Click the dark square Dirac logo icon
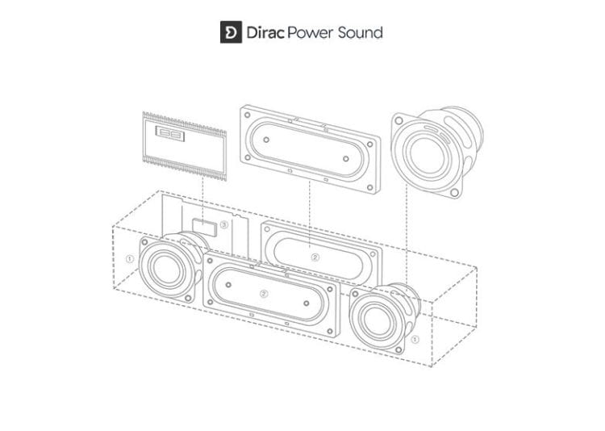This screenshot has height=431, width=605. (x=231, y=32)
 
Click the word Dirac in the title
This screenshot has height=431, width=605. (x=265, y=32)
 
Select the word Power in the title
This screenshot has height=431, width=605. (x=311, y=32)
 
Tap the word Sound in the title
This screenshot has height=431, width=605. (x=360, y=32)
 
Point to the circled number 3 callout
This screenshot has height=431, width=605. (x=224, y=224)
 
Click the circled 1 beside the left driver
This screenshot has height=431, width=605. (x=130, y=258)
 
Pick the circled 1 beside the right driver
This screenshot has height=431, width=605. (x=415, y=340)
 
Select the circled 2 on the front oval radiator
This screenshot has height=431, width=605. (x=264, y=294)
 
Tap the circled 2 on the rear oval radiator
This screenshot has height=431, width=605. (x=315, y=257)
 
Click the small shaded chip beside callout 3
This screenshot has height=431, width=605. (x=205, y=227)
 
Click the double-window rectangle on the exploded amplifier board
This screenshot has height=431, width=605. (x=169, y=134)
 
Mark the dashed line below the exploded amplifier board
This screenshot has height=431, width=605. (x=203, y=198)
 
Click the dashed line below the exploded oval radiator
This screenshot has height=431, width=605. (x=310, y=215)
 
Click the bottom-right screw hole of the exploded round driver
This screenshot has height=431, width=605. (x=454, y=192)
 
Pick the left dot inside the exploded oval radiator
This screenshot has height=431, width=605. (x=266, y=140)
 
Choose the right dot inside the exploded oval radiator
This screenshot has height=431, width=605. (x=346, y=159)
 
